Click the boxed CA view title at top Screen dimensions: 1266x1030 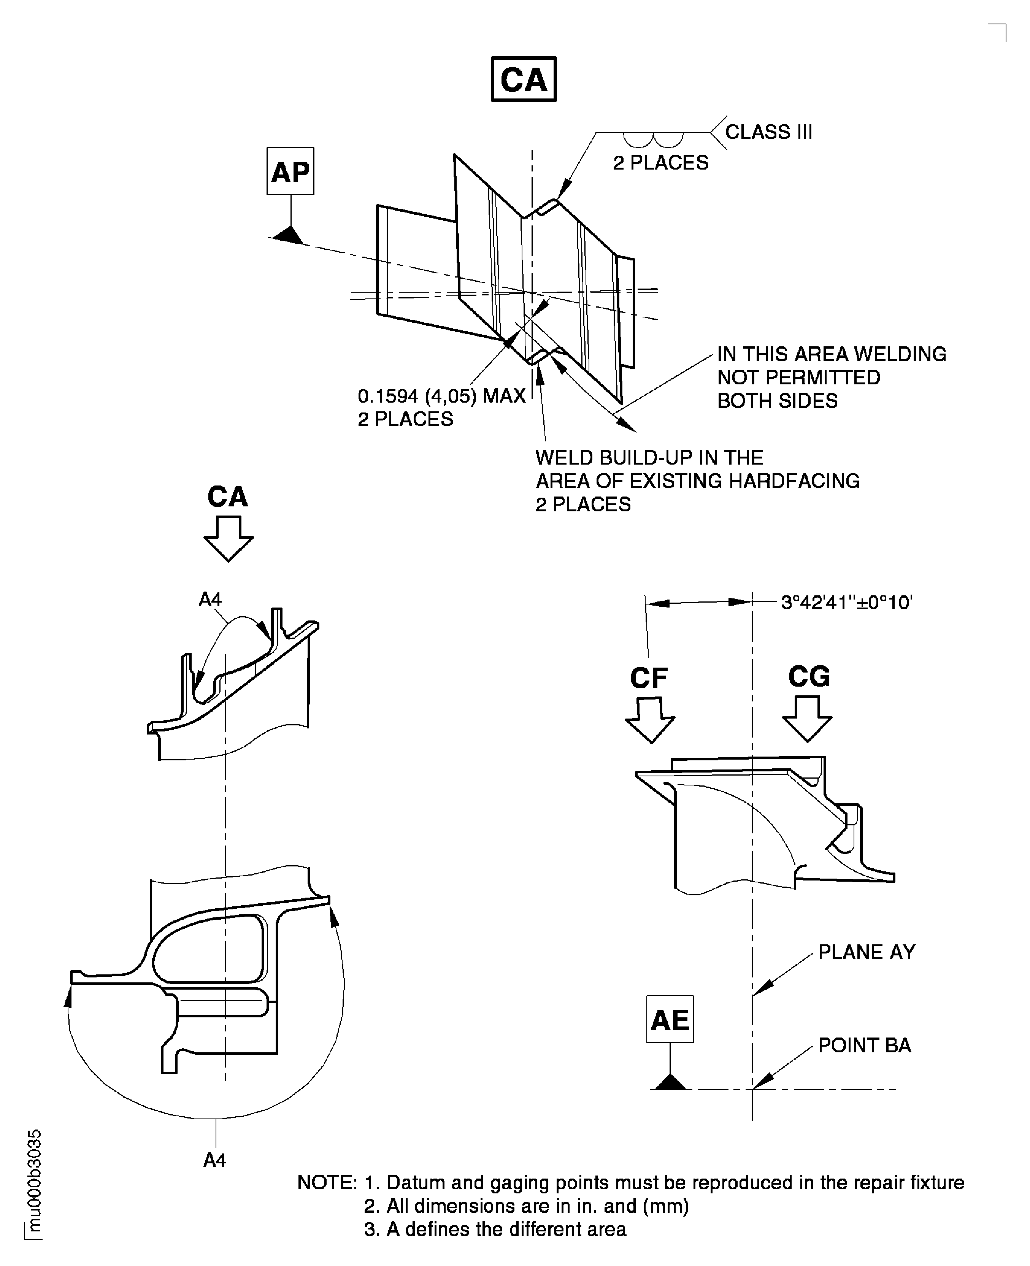pos(523,79)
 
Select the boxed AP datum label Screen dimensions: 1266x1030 pos(290,171)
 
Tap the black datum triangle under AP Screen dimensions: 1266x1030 pos(290,235)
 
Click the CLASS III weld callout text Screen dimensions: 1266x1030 pos(768,132)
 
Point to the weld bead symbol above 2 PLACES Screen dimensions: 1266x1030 pos(653,140)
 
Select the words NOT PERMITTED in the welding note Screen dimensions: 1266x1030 pos(798,377)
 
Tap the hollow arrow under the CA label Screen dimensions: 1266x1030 pos(229,538)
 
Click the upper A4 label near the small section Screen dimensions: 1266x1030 pos(210,600)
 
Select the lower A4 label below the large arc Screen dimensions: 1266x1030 pos(215,1160)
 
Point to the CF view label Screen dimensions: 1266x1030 pos(649,678)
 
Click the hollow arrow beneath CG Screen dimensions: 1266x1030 pos(807,719)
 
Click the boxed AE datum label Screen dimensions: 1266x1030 pos(670,1020)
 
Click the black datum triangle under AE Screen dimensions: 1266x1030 pos(670,1083)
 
